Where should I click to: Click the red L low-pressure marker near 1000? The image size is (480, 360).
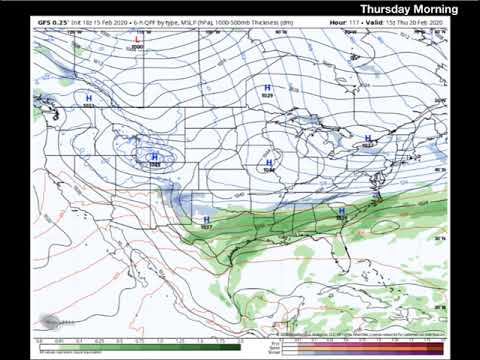[138, 40]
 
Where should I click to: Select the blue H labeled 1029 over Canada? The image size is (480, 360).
[268, 88]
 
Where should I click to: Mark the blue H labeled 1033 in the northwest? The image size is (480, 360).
[89, 98]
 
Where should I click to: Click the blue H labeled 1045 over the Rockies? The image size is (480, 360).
[154, 157]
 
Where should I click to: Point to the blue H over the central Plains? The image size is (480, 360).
[268, 162]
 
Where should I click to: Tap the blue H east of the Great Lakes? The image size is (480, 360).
[368, 138]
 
